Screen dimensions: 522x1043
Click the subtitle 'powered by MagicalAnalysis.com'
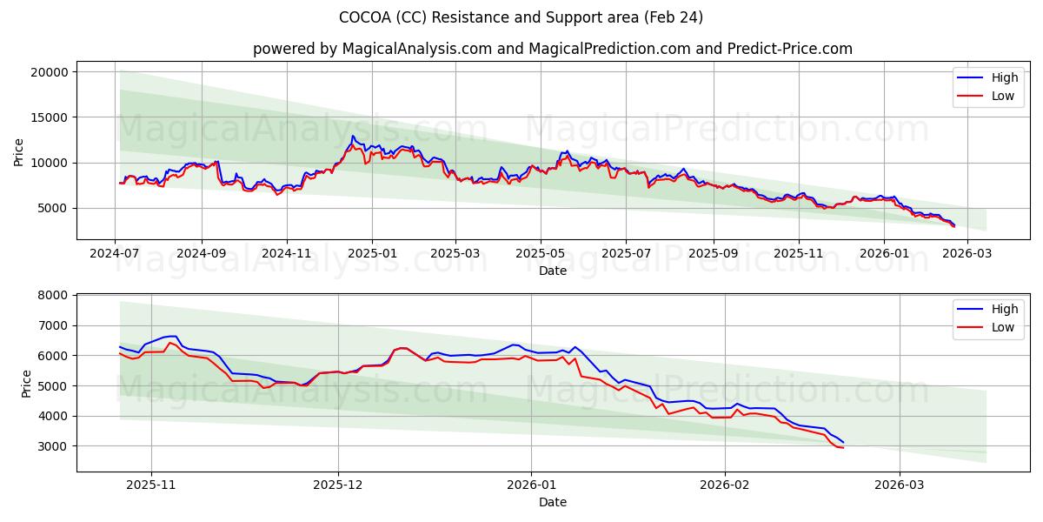click(x=552, y=49)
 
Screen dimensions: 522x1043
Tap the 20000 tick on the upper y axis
click(x=50, y=72)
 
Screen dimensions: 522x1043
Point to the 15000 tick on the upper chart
click(x=50, y=117)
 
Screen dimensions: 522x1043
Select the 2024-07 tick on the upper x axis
click(x=116, y=254)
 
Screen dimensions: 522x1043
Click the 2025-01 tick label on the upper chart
click(x=372, y=254)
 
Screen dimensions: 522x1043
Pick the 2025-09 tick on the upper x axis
click(x=713, y=254)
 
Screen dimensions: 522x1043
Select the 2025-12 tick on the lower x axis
click(x=338, y=486)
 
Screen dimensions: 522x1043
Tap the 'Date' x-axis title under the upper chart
click(x=552, y=271)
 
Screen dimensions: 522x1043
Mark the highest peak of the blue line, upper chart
click(x=352, y=136)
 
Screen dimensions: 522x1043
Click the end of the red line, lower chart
click(x=843, y=447)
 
